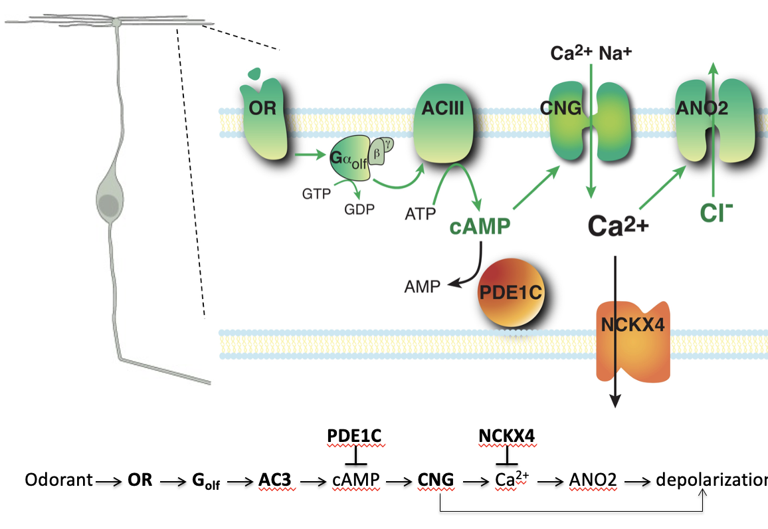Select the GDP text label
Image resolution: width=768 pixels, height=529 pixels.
(359, 209)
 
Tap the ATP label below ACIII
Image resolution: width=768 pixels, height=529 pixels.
(420, 213)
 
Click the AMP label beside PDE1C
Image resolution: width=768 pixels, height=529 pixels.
(422, 286)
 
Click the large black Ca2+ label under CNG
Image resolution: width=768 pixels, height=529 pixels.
(616, 228)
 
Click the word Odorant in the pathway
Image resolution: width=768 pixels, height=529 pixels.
(58, 480)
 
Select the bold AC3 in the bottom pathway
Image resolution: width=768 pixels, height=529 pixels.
(276, 480)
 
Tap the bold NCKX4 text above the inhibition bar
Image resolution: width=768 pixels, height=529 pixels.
(506, 435)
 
